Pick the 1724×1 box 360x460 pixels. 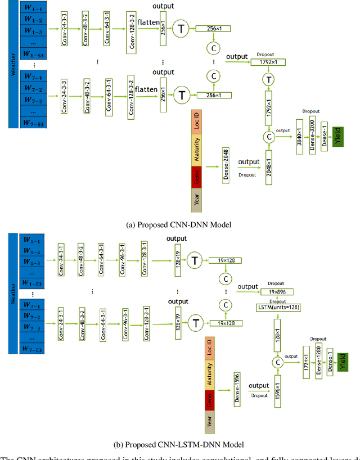(x=306, y=361)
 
